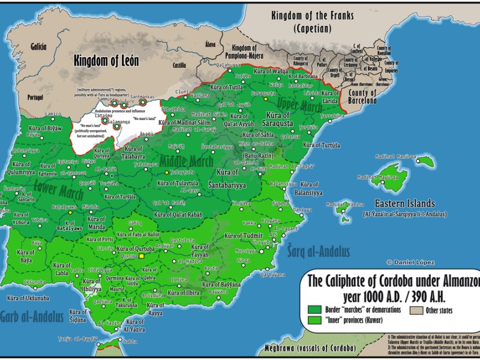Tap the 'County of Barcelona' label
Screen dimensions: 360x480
point(362,97)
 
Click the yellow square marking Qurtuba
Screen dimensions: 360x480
point(142,256)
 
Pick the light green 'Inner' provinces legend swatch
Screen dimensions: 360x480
point(314,320)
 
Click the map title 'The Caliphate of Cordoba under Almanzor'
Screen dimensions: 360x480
point(393,281)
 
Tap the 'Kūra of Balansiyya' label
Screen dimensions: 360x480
point(309,188)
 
